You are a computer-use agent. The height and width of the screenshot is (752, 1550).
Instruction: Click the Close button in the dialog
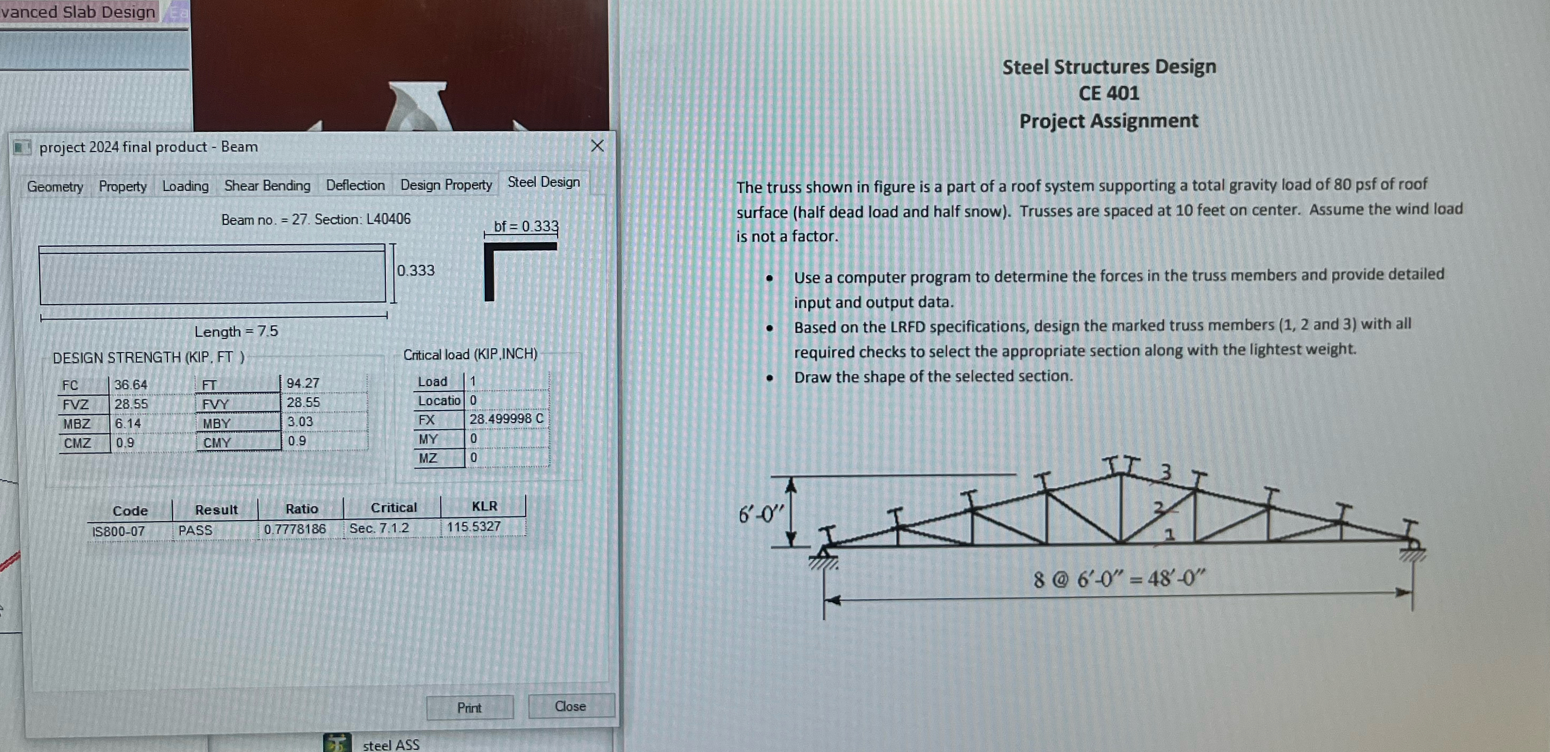point(570,706)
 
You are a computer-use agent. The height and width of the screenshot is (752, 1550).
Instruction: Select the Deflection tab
point(355,186)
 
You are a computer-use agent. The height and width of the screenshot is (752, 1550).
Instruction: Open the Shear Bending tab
point(267,186)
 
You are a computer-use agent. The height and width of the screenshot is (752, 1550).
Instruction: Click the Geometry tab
point(55,187)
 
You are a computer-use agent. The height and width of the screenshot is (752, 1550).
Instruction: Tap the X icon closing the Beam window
point(597,146)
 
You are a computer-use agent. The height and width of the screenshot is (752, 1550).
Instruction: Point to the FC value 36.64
point(131,385)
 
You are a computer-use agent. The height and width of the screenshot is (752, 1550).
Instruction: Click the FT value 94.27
point(302,383)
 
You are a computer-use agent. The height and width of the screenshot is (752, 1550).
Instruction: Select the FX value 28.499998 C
point(506,419)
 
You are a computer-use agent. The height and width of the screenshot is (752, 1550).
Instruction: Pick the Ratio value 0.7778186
point(295,529)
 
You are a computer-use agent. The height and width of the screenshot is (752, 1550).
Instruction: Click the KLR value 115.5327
point(474,526)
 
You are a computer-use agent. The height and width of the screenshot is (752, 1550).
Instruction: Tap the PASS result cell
point(196,530)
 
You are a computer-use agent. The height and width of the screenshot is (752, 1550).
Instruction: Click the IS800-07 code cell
point(119,532)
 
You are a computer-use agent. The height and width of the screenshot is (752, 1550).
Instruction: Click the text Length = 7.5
point(236,331)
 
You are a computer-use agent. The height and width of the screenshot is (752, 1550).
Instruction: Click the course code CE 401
point(1108,93)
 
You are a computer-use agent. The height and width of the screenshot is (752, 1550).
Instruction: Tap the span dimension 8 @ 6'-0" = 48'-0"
point(1119,579)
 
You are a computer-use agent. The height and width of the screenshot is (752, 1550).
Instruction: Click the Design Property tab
point(446,185)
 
